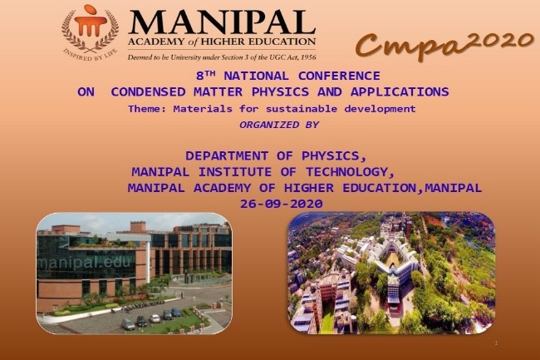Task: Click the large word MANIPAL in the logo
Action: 222,22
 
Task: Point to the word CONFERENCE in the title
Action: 339,76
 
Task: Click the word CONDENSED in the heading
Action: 148,92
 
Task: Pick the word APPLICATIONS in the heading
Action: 400,92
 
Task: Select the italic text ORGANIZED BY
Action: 279,125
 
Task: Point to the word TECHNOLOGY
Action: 350,172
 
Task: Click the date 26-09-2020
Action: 282,204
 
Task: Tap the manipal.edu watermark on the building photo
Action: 85,263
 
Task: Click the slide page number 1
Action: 496,343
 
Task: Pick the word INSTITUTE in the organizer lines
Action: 235,172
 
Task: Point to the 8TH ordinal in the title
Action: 205,76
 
